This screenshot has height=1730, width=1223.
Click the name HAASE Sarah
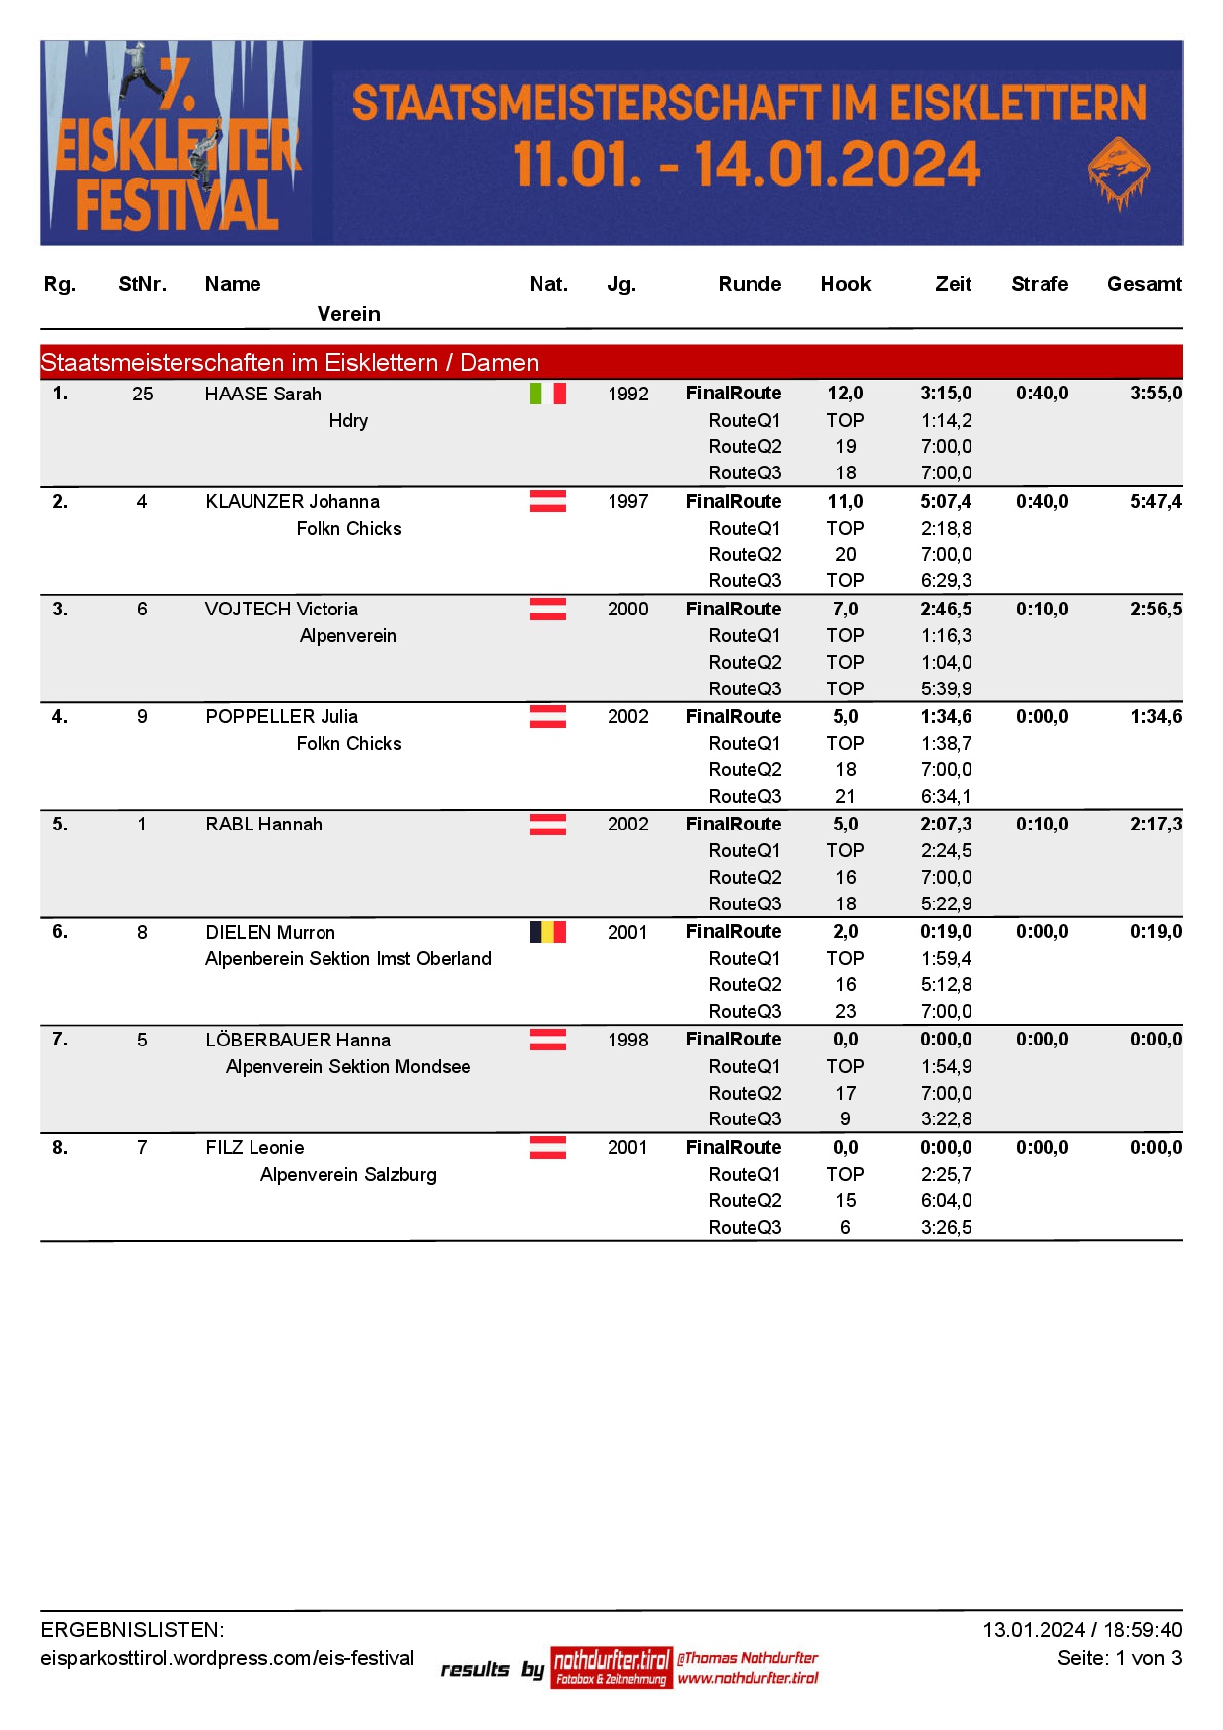(263, 395)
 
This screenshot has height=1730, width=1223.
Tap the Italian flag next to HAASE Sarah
(547, 394)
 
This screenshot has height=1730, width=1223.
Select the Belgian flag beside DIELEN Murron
(547, 932)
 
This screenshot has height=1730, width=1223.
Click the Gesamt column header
(1143, 284)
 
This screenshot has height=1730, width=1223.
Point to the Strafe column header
(1040, 284)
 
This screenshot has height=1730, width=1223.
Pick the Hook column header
(845, 284)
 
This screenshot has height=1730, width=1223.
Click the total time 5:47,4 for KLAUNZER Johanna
(1155, 501)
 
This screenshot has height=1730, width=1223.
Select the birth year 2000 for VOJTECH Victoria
(627, 609)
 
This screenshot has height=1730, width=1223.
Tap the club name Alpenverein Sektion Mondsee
(348, 1066)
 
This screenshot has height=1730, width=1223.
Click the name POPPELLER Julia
(282, 716)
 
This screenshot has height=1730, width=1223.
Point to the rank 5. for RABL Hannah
(60, 824)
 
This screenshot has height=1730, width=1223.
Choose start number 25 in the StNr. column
(143, 394)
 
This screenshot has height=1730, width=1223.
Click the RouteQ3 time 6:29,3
(946, 580)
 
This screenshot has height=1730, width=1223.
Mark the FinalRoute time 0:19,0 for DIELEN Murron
(946, 931)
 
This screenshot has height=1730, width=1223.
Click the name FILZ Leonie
(255, 1147)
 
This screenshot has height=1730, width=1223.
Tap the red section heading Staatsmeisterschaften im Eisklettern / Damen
(290, 362)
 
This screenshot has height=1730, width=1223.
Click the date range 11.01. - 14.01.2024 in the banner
(747, 164)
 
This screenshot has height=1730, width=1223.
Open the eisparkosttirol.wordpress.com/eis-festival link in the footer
(228, 1658)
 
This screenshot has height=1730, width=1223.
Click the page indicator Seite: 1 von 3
(1118, 1658)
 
